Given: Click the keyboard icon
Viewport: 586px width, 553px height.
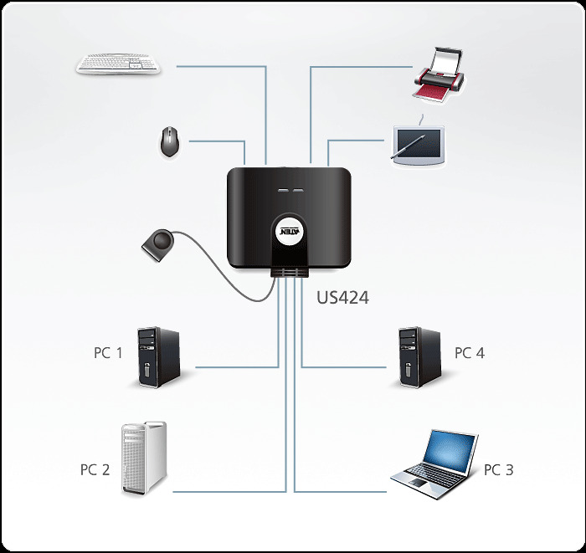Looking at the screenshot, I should point(120,64).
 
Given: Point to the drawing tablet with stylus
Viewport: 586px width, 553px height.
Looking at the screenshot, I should point(419,143).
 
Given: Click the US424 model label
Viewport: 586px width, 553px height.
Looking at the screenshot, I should point(342,297).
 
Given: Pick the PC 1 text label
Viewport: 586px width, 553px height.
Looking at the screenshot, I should point(108,353).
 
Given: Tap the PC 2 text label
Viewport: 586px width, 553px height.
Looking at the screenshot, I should point(95,469).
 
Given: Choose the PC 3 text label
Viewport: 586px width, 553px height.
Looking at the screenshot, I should point(498,469).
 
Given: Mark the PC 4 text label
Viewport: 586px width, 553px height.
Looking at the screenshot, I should point(469,353).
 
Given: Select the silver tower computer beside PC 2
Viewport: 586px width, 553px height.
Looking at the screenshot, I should point(145,458).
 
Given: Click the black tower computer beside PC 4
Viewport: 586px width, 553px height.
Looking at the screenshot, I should point(419,358).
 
